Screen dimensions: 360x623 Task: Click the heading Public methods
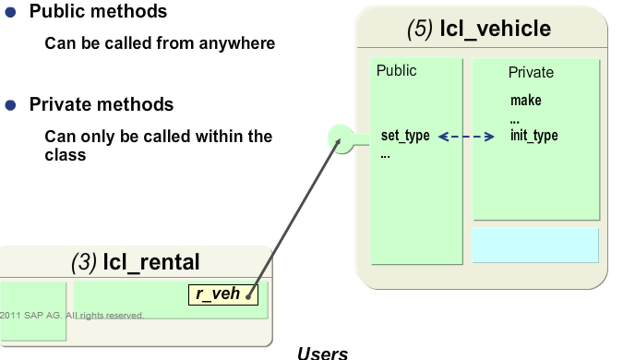coord(98,13)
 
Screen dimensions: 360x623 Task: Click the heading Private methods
coord(101,104)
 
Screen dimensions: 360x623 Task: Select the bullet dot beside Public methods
coord(11,14)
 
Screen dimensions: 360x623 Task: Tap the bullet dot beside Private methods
coord(11,105)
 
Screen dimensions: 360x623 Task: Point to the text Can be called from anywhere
coord(160,43)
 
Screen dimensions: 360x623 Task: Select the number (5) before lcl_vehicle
coord(419,30)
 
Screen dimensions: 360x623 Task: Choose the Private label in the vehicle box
coord(531,72)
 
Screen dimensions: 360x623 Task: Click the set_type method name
coord(405,136)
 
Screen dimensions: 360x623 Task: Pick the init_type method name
coord(533,136)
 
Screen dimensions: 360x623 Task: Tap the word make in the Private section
coord(525,101)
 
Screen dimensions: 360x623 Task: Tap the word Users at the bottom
coord(322,353)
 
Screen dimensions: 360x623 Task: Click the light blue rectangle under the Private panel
coord(535,245)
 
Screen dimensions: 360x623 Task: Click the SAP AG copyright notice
coord(72,315)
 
